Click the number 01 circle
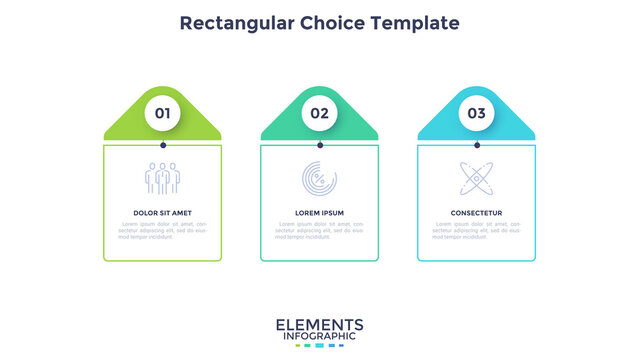(162, 113)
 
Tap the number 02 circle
(319, 113)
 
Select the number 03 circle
(476, 113)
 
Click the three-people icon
(162, 178)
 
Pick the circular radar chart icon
(319, 178)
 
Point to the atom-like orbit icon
(476, 178)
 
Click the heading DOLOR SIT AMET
(162, 213)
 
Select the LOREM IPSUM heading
(319, 213)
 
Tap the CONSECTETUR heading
(476, 213)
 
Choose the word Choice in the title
(336, 22)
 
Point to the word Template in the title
(419, 22)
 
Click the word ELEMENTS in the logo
(319, 325)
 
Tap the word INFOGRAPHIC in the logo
(319, 337)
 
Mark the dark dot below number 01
(162, 145)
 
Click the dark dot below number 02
(319, 145)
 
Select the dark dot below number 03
(476, 145)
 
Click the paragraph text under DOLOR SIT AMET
(162, 231)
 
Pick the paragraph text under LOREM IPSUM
(319, 231)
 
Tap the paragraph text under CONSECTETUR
(476, 231)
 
